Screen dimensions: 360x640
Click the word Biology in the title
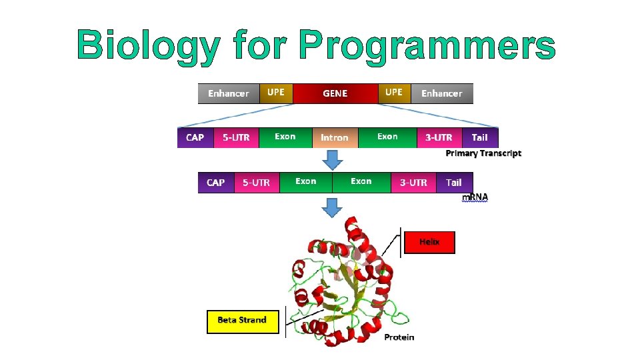coord(148,45)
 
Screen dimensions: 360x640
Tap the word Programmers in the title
coord(427,45)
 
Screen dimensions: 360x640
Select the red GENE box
coord(335,93)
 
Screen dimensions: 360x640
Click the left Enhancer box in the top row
coord(228,93)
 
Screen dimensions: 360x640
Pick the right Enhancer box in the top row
coord(441,93)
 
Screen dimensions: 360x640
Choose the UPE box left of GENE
coord(276,93)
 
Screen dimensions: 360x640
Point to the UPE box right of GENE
coord(394,93)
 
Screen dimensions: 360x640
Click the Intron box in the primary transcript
coord(335,137)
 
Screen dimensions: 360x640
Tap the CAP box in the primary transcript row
coord(195,137)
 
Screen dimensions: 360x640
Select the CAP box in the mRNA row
coord(216,182)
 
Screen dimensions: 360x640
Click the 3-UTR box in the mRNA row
coord(413,182)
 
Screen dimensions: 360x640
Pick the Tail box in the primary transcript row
coord(479,137)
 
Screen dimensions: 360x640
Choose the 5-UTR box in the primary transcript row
coord(236,137)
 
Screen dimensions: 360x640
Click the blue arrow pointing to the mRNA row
coord(332,160)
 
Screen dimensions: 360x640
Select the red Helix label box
coord(429,243)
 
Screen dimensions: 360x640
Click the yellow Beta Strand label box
coord(242,321)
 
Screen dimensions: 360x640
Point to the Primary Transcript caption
coord(483,153)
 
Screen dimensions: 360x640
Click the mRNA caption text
coord(475,197)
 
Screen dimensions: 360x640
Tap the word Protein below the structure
coord(399,337)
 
